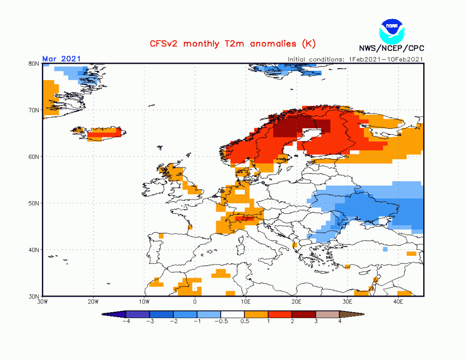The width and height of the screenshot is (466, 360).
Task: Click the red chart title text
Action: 233,44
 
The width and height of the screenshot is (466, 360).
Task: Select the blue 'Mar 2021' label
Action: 61,58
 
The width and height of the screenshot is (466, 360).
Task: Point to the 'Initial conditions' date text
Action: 355,59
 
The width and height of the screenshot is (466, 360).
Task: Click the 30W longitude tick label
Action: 43,301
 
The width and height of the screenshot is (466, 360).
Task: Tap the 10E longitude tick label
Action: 246,301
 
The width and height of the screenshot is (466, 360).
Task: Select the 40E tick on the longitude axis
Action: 398,301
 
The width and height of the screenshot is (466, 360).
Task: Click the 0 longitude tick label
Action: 195,301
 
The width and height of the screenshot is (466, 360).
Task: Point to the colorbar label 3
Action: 315,320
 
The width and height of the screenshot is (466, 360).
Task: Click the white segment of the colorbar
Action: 233,314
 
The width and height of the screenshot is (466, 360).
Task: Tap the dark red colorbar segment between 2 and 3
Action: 304,314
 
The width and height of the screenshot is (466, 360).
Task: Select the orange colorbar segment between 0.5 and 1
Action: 256,314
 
